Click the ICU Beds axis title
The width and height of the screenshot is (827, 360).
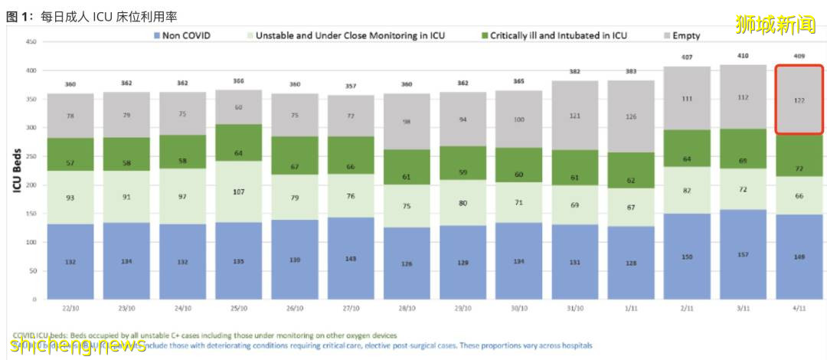coord(15,170)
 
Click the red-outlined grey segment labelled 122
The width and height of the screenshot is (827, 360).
coord(799,100)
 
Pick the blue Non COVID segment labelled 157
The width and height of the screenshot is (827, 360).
coord(743,254)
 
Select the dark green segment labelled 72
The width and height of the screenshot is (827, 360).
coord(799,168)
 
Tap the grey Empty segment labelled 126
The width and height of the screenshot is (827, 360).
coord(630,116)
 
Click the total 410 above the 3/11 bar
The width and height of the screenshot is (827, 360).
coord(743,56)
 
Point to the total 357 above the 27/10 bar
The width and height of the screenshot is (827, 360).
coord(349,87)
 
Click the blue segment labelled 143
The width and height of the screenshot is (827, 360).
coord(349,258)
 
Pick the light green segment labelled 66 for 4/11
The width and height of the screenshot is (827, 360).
coord(799,195)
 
